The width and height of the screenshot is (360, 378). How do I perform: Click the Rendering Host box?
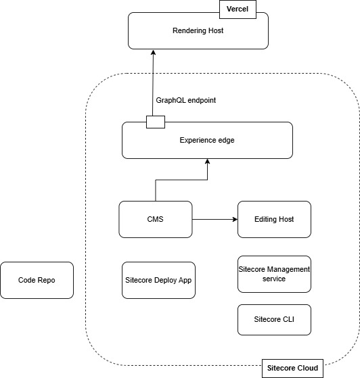coord(198,30)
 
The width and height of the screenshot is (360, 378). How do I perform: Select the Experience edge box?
coord(206,140)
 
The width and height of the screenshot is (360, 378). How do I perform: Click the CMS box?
coord(155,219)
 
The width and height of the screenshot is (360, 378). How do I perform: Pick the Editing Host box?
coord(274,219)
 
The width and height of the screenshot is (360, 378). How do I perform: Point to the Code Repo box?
coord(37,281)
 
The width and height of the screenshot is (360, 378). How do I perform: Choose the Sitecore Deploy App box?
coord(159,281)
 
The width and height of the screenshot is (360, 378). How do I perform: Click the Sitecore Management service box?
coord(274,274)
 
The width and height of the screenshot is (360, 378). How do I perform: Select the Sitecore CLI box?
coord(274,319)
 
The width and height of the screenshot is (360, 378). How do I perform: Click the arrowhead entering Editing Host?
coord(234,219)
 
